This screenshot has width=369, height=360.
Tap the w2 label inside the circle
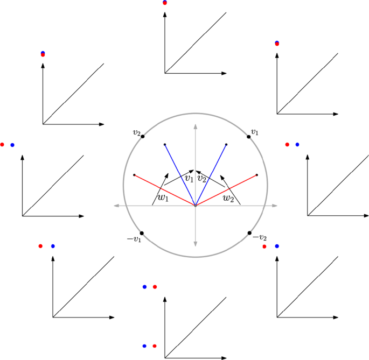(229, 197)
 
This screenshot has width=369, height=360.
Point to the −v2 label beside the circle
(260, 238)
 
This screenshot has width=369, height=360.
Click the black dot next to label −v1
(142, 232)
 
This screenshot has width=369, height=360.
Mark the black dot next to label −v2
(250, 233)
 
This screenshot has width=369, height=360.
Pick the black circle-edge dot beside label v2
(143, 136)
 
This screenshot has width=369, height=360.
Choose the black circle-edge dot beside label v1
(249, 137)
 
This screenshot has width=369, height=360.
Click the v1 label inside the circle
(189, 178)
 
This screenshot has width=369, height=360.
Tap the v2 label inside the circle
(202, 178)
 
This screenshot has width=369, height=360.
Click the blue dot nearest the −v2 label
(277, 246)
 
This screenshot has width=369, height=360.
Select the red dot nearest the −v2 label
(264, 246)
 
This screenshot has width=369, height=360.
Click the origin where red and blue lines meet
(196, 206)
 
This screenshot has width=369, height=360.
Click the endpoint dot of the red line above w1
(134, 175)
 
